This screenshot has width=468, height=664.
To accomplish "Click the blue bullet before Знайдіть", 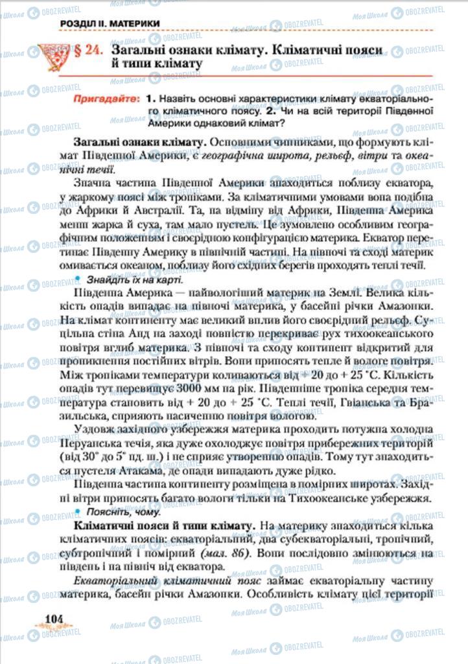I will [78, 279].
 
